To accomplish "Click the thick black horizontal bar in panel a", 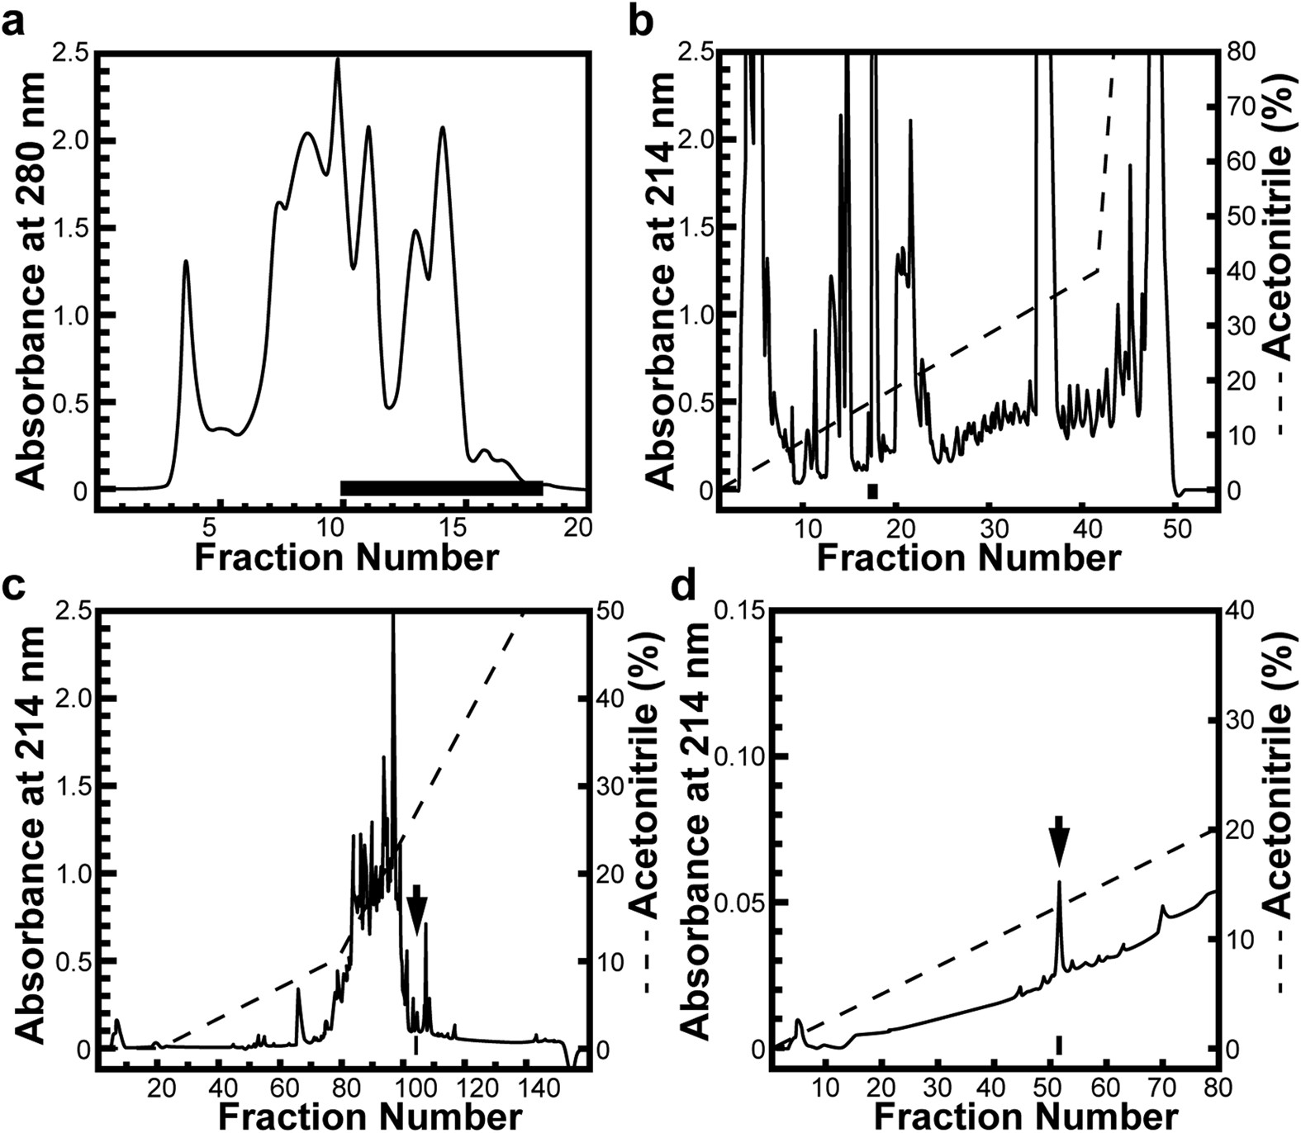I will tap(441, 488).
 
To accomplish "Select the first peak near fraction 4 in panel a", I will tap(186, 263).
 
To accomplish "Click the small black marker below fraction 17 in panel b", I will tap(872, 491).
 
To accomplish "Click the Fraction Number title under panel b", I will tap(968, 558).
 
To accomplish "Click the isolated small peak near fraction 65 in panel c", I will tap(298, 991).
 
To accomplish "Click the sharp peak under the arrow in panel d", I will tap(1058, 884).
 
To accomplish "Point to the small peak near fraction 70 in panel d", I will tap(1163, 908).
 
